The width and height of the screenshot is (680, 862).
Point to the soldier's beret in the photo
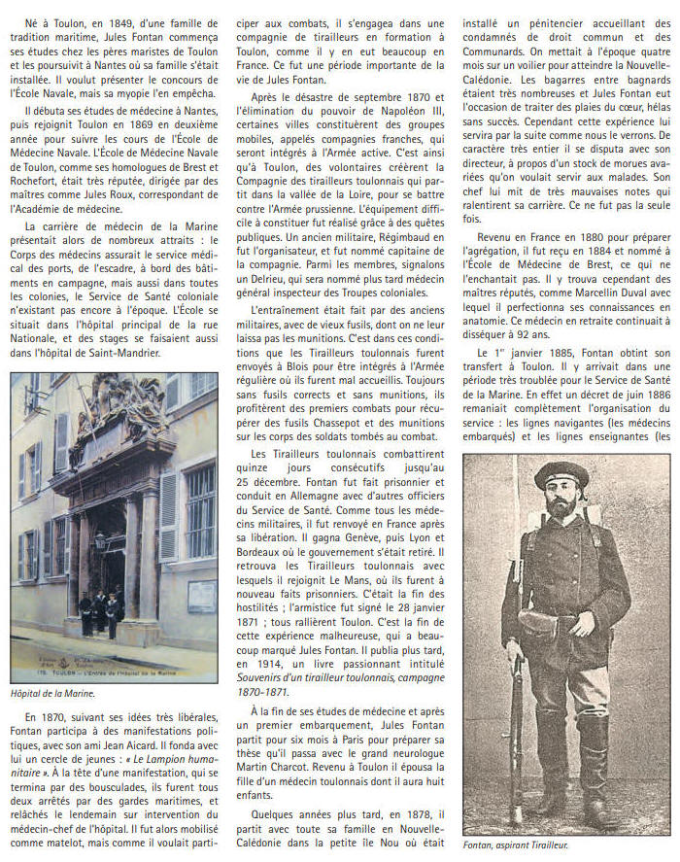pyautogui.click(x=564, y=474)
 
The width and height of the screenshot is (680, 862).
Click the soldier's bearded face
pyautogui.click(x=562, y=500)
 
